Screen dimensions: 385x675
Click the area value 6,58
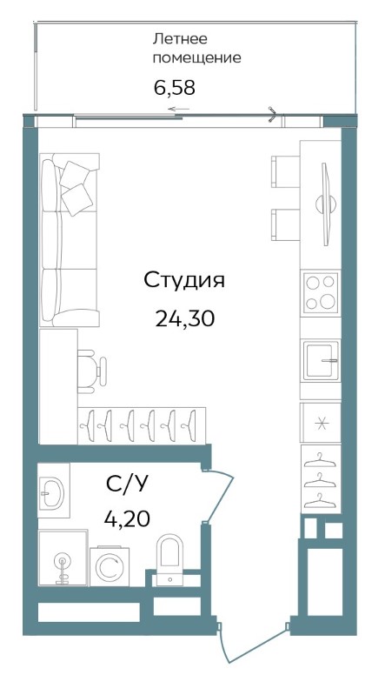click(175, 88)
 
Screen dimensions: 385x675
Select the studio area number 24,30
click(185, 319)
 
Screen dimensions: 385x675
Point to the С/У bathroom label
click(127, 485)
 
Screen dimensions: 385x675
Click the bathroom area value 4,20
click(127, 518)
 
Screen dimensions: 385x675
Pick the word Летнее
click(180, 39)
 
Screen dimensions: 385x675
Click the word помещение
click(196, 58)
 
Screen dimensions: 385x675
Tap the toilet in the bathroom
click(169, 559)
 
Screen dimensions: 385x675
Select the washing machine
click(110, 566)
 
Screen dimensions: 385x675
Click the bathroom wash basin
click(52, 491)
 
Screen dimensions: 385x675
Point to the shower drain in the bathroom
click(63, 562)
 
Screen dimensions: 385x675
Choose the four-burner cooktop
click(321, 293)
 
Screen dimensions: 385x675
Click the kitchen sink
click(322, 361)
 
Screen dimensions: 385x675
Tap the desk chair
click(92, 371)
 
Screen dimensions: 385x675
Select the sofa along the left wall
click(70, 240)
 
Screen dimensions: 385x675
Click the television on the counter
click(326, 204)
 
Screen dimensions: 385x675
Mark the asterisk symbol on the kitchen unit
click(321, 424)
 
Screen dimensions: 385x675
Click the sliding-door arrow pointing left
click(178, 109)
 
